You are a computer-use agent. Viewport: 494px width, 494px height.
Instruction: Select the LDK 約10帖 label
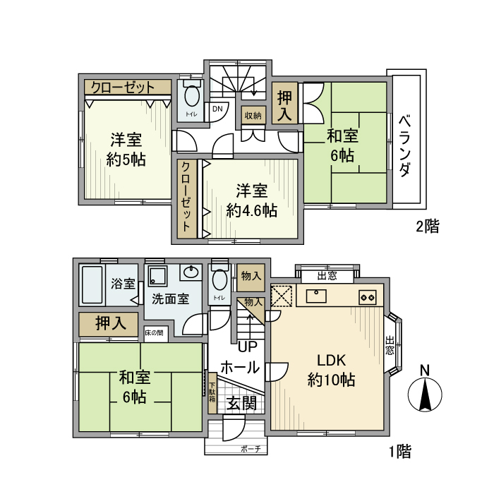(331, 369)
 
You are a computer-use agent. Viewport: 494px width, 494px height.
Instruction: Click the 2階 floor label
(427, 227)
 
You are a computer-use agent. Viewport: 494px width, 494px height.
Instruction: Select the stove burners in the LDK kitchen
(368, 296)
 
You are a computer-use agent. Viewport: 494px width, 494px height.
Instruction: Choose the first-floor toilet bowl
(219, 281)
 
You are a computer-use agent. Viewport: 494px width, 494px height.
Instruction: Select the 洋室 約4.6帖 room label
(251, 200)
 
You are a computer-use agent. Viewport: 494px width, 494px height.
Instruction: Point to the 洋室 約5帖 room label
(126, 149)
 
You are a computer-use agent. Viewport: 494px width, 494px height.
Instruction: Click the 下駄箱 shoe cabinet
(212, 392)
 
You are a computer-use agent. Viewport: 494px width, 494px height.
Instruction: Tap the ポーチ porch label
(251, 448)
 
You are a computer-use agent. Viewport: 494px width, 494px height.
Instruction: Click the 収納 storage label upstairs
(253, 115)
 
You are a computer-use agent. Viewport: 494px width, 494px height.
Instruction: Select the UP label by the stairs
(247, 347)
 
